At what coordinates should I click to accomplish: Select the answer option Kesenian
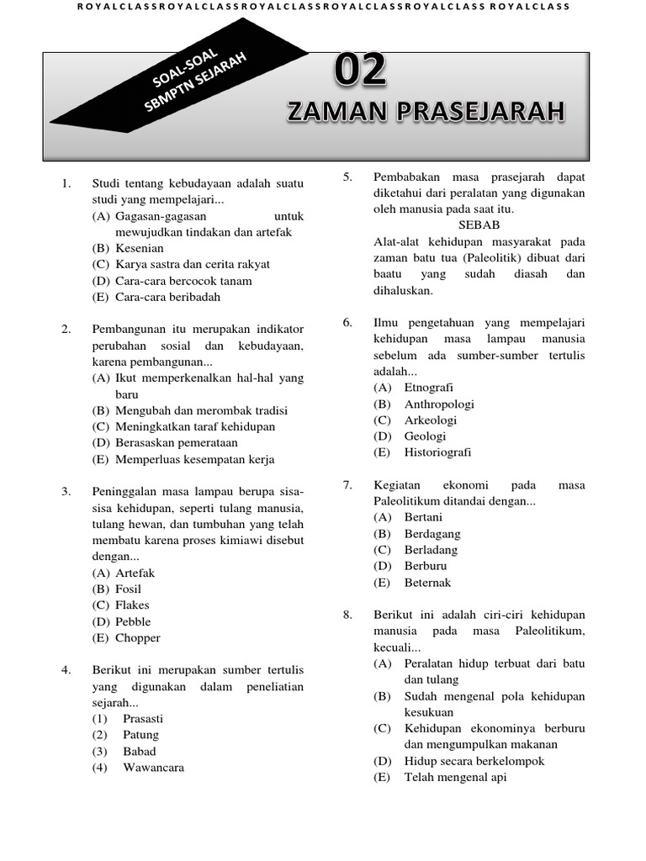pos(140,248)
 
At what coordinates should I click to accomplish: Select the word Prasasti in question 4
pos(143,719)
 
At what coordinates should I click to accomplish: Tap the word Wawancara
pos(153,768)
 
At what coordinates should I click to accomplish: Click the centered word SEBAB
pos(479,225)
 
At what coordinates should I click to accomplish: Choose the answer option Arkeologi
pos(430,420)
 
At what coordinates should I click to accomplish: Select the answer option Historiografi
pos(437,452)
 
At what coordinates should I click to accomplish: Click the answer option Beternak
pos(427,583)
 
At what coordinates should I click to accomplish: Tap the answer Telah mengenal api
pos(455,778)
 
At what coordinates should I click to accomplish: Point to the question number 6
pos(347,323)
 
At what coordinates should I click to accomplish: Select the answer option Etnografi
pos(429,388)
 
